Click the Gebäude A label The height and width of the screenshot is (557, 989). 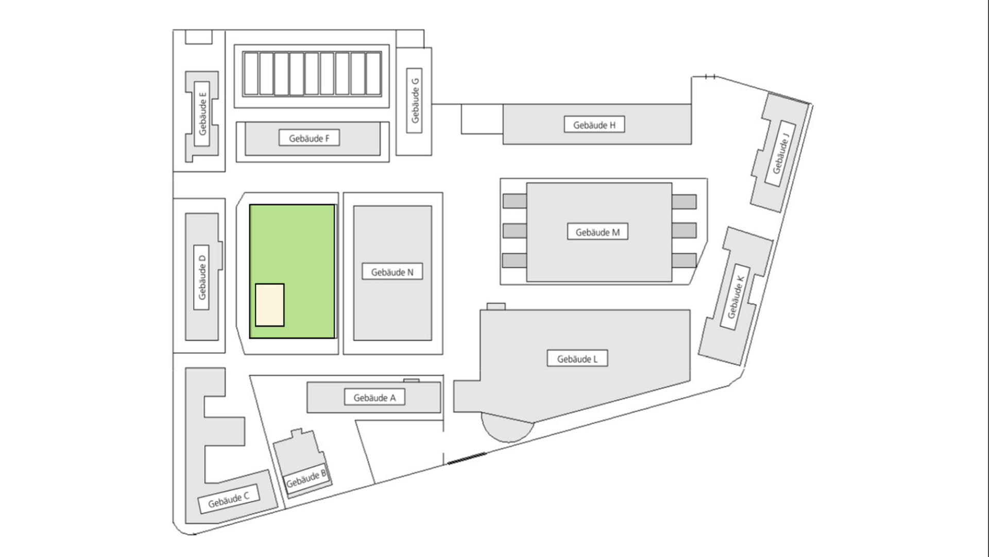click(374, 398)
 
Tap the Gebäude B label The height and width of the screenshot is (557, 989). click(306, 479)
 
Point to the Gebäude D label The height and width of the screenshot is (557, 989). click(201, 277)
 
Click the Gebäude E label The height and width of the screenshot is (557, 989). click(202, 113)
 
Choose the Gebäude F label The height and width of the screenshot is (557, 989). click(309, 138)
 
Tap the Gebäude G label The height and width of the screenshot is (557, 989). click(415, 101)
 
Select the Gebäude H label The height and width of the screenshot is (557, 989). click(594, 125)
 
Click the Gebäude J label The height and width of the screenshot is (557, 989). click(780, 153)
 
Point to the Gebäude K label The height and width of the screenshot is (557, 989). click(736, 298)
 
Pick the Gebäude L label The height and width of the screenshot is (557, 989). click(577, 359)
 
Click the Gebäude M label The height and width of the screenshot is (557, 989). click(598, 232)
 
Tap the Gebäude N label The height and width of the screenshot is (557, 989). click(392, 272)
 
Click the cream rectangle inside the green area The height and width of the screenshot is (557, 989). click(269, 305)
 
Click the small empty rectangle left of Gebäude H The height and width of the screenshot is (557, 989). click(482, 119)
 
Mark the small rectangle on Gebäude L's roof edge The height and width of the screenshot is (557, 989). click(496, 306)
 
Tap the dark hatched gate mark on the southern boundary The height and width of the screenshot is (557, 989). click(467, 458)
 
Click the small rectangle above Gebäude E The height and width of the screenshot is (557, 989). click(198, 37)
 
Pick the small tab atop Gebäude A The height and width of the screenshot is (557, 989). click(411, 381)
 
